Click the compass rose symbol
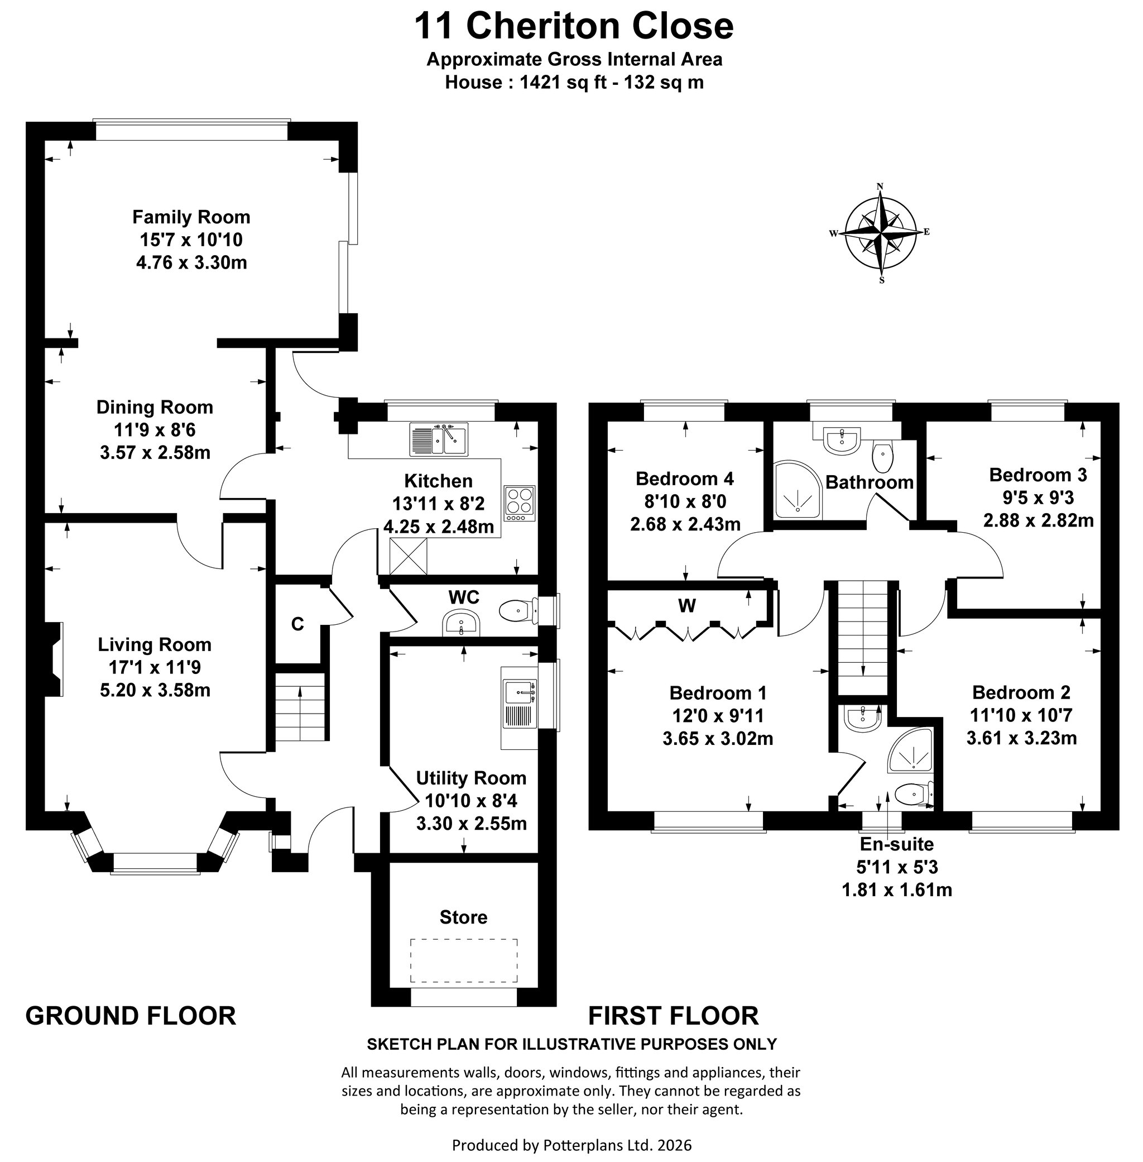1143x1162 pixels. pyautogui.click(x=880, y=233)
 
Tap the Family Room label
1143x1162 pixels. pyautogui.click(x=191, y=217)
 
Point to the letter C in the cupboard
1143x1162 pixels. pyautogui.click(x=297, y=624)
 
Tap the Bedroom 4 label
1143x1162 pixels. pyautogui.click(x=684, y=479)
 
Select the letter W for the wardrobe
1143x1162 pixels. pyautogui.click(x=687, y=606)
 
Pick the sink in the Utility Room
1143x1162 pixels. pyautogui.click(x=520, y=692)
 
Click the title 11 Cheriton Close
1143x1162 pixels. pyautogui.click(x=574, y=26)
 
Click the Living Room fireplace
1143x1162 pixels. pyautogui.click(x=54, y=659)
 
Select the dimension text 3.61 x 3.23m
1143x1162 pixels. pyautogui.click(x=1021, y=738)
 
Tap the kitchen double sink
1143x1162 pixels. pyautogui.click(x=439, y=439)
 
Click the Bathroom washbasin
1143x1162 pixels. pyautogui.click(x=843, y=439)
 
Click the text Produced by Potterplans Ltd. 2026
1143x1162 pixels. pyautogui.click(x=571, y=1145)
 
